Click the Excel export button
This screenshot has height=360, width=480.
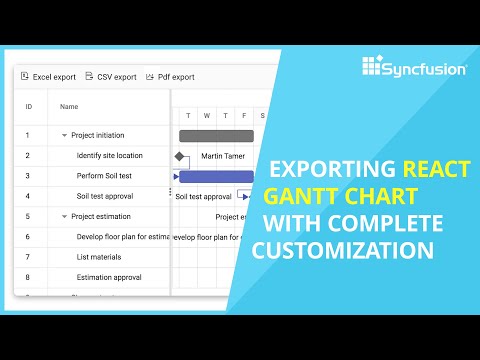(48, 77)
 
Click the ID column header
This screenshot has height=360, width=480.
(28, 106)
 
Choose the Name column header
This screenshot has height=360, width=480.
(69, 106)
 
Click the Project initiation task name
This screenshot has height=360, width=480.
(98, 135)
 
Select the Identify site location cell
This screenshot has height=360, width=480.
(110, 155)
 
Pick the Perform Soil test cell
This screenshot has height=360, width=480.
(106, 176)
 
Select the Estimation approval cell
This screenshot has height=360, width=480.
(110, 277)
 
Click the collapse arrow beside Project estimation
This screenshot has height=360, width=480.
(64, 216)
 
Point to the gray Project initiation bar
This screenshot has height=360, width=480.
(216, 135)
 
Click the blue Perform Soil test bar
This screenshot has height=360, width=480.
(216, 176)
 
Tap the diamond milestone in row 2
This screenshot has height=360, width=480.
(180, 156)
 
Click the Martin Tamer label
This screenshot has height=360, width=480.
(223, 156)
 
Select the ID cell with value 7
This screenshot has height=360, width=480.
(28, 257)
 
